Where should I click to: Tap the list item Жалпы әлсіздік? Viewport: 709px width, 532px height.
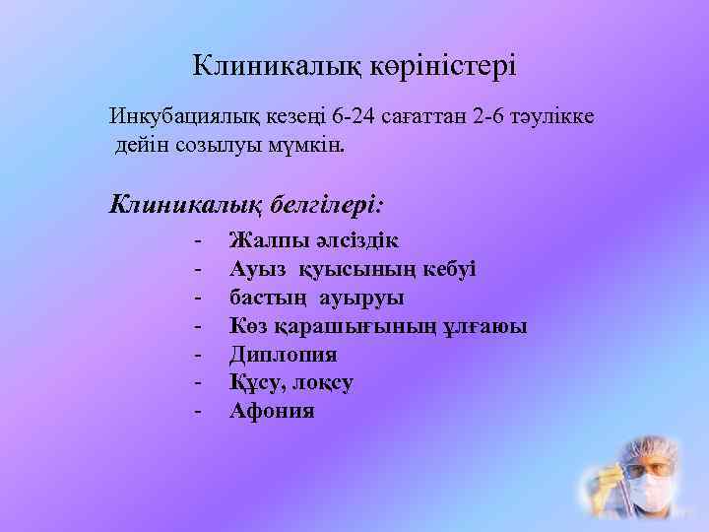point(313,239)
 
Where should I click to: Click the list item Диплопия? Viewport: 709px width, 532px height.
point(283,354)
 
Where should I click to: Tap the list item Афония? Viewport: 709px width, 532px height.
point(272,411)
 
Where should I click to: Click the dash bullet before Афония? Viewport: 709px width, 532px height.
point(199,411)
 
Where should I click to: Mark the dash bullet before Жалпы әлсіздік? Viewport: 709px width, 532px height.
point(199,239)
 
